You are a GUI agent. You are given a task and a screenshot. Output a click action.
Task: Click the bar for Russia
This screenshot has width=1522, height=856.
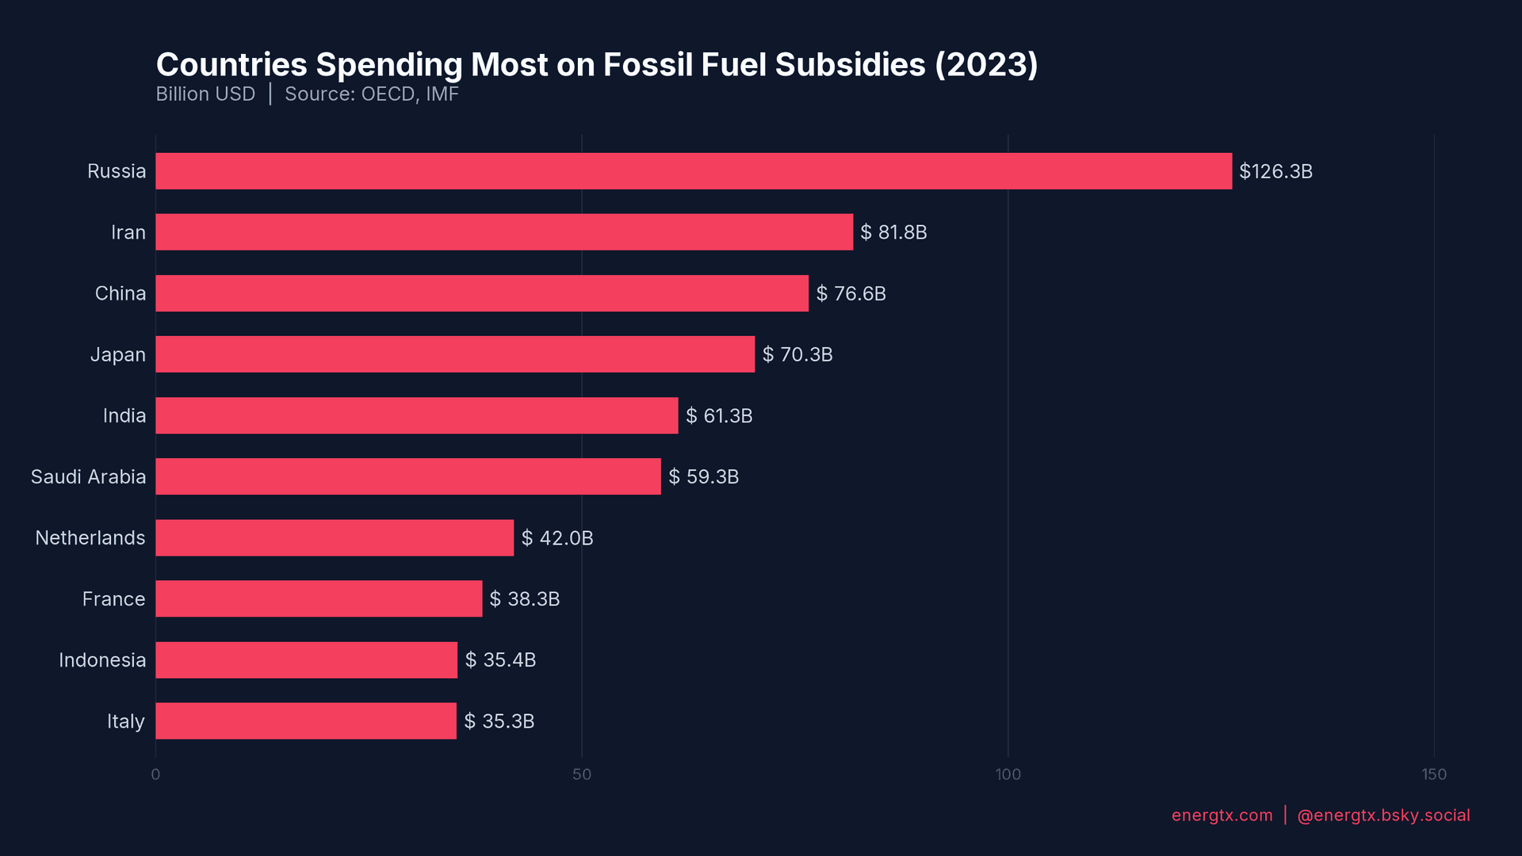694,171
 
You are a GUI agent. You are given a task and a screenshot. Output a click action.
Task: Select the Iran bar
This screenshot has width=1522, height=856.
504,232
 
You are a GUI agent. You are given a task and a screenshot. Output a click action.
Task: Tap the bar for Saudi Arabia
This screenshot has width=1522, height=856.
408,476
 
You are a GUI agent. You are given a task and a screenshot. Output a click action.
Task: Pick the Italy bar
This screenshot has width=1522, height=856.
306,721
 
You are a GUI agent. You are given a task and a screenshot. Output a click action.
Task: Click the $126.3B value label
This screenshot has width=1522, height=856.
1275,171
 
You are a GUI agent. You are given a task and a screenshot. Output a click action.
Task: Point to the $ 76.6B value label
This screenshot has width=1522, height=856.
851,293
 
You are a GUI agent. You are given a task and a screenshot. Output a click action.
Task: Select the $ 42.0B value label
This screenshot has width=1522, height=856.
557,538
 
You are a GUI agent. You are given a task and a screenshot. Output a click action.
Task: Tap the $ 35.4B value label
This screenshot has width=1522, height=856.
500,660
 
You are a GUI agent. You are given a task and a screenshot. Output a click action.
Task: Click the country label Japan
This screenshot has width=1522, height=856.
117,354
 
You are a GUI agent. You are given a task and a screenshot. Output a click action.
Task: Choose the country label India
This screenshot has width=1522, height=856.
124,415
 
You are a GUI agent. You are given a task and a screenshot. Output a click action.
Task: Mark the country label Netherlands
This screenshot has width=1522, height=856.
90,538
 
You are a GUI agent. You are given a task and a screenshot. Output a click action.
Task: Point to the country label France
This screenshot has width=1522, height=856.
113,599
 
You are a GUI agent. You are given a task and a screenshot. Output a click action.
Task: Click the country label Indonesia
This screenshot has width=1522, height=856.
102,660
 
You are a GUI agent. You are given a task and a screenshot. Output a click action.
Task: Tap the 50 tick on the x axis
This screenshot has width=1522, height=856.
582,774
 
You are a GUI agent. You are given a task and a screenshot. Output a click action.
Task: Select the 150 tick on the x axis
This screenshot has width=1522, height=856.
1433,774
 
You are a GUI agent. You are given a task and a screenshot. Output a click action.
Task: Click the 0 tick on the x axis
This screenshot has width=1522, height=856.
155,774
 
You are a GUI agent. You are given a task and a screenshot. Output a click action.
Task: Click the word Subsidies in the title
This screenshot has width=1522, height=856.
850,65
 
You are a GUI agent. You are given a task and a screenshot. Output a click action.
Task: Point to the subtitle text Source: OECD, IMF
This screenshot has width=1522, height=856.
372,94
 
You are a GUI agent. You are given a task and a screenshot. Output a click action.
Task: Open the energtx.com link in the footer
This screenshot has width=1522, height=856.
1222,816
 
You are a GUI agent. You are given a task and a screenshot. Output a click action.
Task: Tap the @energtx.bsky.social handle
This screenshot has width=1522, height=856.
1383,816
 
